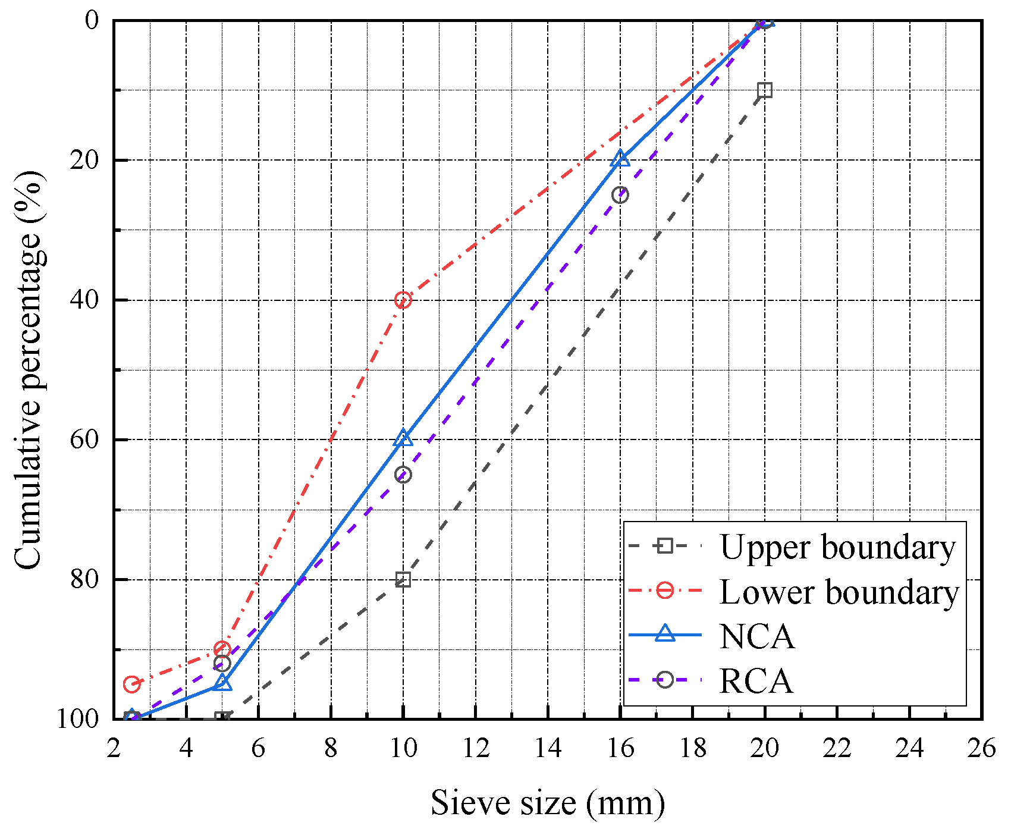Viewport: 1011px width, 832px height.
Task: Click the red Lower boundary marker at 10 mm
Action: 403,300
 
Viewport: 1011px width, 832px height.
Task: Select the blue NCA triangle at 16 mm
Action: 620,158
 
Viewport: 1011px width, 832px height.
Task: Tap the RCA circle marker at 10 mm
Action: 403,475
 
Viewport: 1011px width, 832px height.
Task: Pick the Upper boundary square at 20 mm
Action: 765,90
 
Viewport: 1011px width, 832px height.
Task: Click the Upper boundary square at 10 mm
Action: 403,579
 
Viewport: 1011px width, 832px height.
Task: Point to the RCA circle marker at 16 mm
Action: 620,194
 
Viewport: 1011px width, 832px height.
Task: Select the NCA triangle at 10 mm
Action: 403,438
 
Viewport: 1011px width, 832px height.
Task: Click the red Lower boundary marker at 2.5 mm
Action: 131,684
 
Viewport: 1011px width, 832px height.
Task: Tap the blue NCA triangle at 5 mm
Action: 222,683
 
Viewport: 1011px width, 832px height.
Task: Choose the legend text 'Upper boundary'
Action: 837,547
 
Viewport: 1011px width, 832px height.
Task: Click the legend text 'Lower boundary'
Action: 839,592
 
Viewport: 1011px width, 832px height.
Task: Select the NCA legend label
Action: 756,636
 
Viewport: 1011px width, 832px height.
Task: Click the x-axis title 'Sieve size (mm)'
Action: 547,803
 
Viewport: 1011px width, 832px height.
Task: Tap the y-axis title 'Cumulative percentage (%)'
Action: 29,370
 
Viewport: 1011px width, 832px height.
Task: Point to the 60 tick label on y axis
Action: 84,440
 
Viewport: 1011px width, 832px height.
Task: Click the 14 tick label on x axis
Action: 548,748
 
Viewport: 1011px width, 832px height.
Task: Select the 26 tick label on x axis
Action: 981,748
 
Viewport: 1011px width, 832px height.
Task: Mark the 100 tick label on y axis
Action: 77,718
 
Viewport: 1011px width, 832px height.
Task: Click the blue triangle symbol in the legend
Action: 665,634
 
